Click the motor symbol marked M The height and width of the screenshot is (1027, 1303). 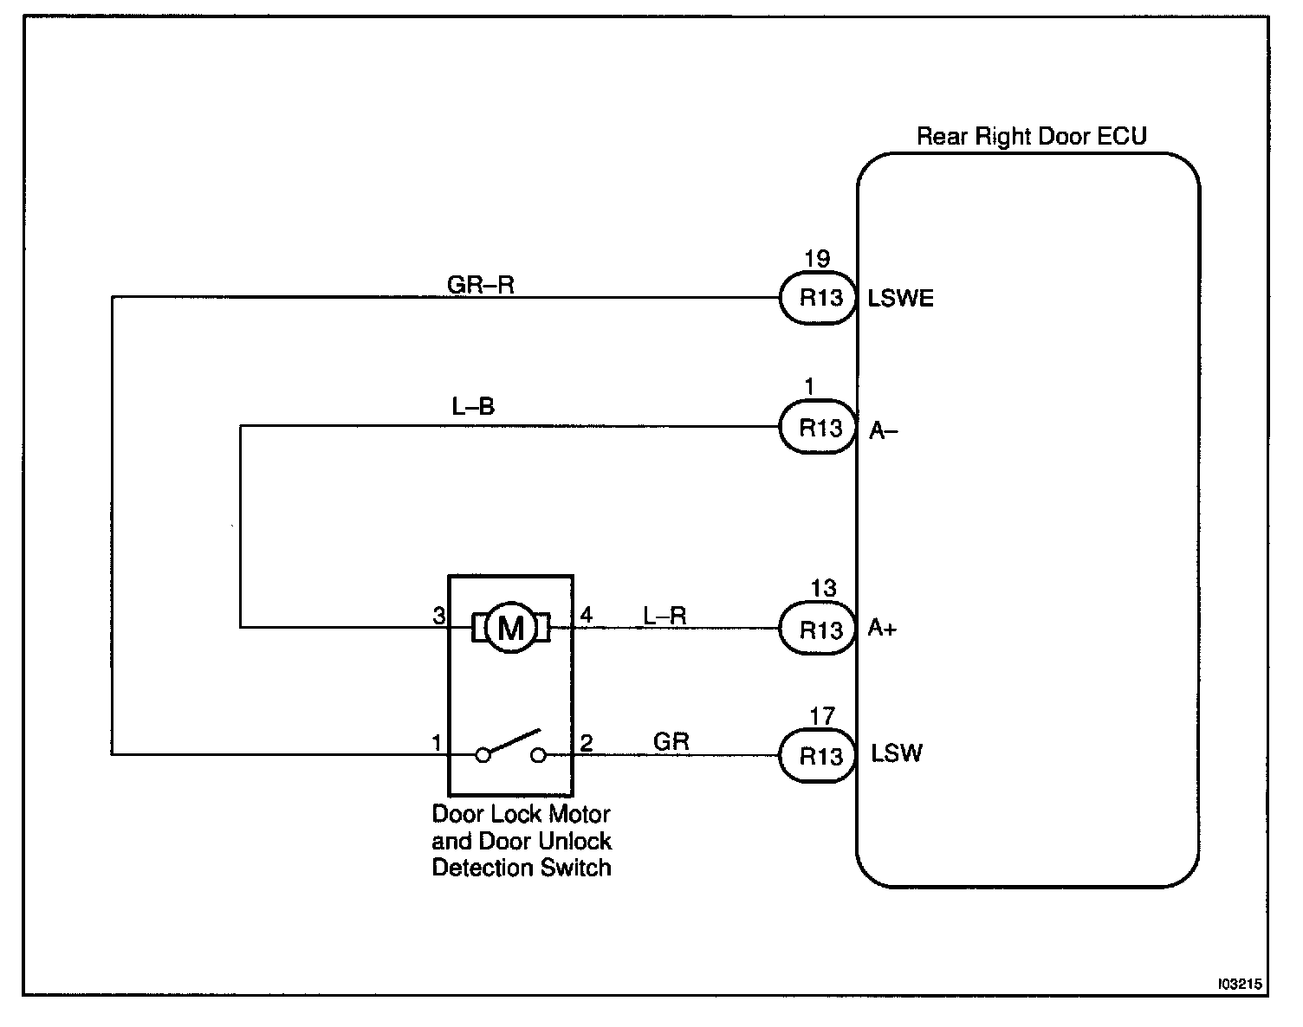510,628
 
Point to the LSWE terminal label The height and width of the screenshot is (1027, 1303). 901,299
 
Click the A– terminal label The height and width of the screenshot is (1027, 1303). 884,430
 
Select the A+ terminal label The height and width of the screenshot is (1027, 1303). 883,630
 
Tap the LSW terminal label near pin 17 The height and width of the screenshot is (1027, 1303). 897,754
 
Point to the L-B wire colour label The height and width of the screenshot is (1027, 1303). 473,407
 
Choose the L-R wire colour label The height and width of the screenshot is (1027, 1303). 664,616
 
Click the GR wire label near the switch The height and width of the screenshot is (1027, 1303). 671,742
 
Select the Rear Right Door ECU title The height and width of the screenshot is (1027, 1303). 1031,137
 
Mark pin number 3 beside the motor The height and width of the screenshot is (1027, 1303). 438,617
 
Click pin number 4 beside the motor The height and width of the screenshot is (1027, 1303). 587,616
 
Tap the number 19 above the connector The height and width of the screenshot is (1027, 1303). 816,259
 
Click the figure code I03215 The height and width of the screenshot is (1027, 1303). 1240,985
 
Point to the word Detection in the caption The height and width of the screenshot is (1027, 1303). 479,868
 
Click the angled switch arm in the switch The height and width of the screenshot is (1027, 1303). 512,743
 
